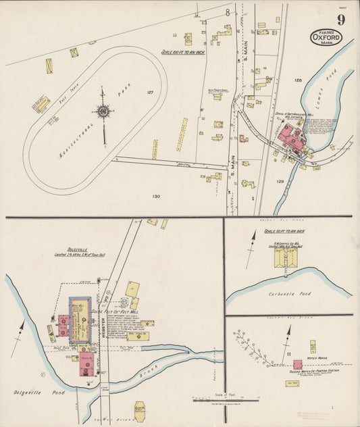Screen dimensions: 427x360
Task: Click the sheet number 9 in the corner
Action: (341, 20)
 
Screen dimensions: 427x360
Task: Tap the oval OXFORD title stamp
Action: (326, 37)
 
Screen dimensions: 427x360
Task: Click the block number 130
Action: (156, 197)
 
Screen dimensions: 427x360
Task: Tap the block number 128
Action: (297, 80)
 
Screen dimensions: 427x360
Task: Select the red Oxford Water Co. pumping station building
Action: (297, 364)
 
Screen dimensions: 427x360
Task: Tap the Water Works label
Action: (316, 357)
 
